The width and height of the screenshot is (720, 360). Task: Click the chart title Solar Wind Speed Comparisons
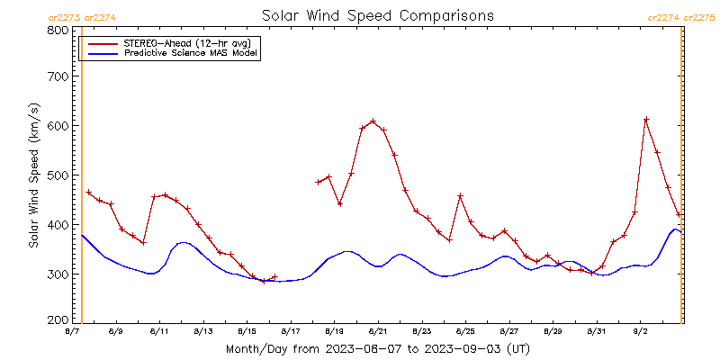pyautogui.click(x=378, y=15)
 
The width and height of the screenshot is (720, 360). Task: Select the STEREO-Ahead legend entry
pyautogui.click(x=170, y=43)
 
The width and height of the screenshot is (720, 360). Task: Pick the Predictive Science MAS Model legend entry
pyautogui.click(x=170, y=53)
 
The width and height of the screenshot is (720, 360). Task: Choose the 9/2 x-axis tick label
pyautogui.click(x=641, y=331)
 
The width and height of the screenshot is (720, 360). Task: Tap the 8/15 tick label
pyautogui.click(x=247, y=331)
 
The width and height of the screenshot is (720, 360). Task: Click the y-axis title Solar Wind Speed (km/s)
pyautogui.click(x=34, y=175)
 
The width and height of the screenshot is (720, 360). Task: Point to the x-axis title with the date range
pyautogui.click(x=377, y=349)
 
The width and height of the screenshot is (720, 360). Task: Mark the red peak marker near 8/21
pyautogui.click(x=373, y=121)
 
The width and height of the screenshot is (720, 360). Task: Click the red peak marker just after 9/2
pyautogui.click(x=646, y=120)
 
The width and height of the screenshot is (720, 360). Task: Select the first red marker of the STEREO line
pyautogui.click(x=88, y=193)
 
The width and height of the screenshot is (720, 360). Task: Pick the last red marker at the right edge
pyautogui.click(x=679, y=214)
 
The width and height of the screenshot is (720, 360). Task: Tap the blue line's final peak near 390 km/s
pyautogui.click(x=675, y=229)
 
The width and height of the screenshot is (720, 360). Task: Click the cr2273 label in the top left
pyautogui.click(x=65, y=18)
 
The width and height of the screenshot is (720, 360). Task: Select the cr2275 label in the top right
pyautogui.click(x=699, y=18)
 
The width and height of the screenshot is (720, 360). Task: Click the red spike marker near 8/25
pyautogui.click(x=461, y=195)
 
